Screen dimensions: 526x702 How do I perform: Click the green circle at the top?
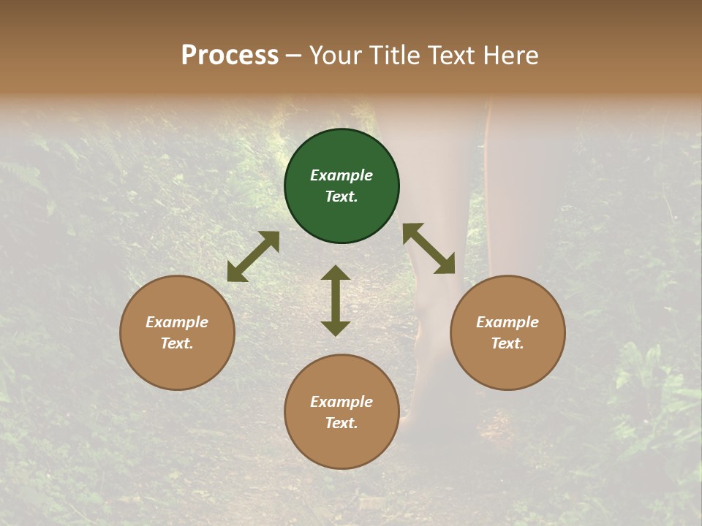[x=341, y=186]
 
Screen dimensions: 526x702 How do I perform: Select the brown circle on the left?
[x=177, y=332]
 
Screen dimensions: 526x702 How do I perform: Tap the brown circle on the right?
[x=507, y=332]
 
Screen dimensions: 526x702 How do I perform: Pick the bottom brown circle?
[x=341, y=411]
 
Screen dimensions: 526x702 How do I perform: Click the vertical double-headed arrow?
[x=336, y=300]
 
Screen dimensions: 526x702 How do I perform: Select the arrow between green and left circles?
[x=253, y=256]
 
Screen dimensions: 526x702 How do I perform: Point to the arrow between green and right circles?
[x=429, y=248]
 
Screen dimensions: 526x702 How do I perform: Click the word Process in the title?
[x=230, y=55]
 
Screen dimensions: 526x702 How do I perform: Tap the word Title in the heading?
[x=394, y=55]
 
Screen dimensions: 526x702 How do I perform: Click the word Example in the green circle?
[x=341, y=175]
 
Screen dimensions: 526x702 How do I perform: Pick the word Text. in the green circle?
[x=341, y=197]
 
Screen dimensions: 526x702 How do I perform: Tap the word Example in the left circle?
[x=177, y=322]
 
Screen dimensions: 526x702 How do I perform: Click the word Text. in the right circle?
[x=507, y=343]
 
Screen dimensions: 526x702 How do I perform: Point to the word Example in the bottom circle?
[x=341, y=401]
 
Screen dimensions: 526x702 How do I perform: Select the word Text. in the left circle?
[x=177, y=343]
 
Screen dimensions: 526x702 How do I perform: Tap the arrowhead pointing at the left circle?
[x=236, y=273]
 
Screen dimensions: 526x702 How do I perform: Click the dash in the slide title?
[x=294, y=56]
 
